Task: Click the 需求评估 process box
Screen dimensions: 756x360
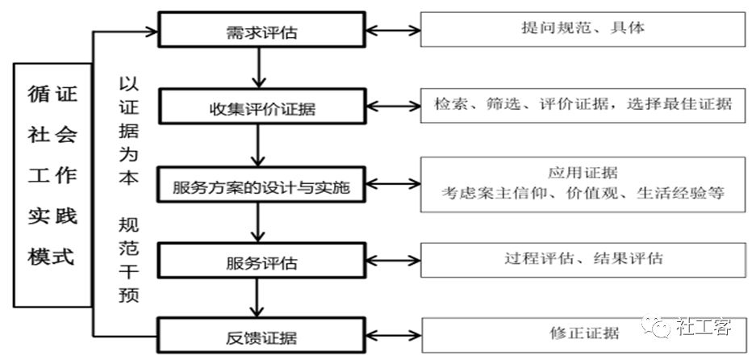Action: (261, 30)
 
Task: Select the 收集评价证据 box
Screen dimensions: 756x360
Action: (261, 106)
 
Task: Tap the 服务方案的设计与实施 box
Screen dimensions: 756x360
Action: (261, 184)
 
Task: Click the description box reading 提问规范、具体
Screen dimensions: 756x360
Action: (583, 29)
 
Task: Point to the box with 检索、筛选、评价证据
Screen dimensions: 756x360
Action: (583, 105)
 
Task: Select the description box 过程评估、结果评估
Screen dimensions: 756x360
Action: (583, 260)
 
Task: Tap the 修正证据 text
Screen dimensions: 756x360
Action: (583, 333)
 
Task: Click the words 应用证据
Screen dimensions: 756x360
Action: (583, 172)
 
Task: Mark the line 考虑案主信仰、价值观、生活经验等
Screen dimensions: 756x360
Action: (583, 193)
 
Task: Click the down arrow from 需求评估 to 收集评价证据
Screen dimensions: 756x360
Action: (259, 68)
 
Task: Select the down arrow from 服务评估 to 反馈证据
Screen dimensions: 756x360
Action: (257, 297)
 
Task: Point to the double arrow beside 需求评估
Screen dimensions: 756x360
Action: (393, 31)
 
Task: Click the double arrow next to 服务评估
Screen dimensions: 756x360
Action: (393, 261)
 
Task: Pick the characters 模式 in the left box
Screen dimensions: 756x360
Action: (52, 256)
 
